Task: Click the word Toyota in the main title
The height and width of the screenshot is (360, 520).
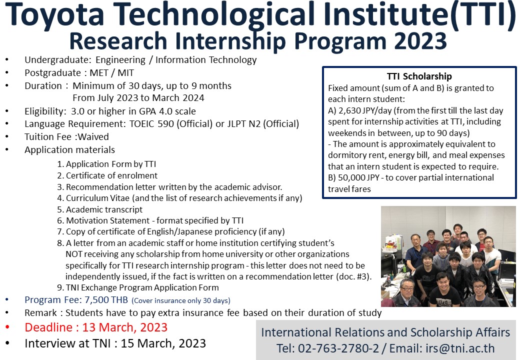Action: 54,14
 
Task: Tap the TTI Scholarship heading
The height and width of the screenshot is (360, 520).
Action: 419,76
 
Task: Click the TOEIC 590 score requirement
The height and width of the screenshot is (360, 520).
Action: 151,124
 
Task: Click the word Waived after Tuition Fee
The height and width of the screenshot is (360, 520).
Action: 93,137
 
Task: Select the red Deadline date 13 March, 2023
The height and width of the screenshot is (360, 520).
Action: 124,327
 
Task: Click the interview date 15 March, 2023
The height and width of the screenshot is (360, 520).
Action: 163,343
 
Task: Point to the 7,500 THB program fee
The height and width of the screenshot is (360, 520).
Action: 106,299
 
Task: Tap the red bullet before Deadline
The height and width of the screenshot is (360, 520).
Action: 7,327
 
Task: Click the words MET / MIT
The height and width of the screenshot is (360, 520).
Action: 112,73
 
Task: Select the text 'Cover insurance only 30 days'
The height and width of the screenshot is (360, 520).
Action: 180,300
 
